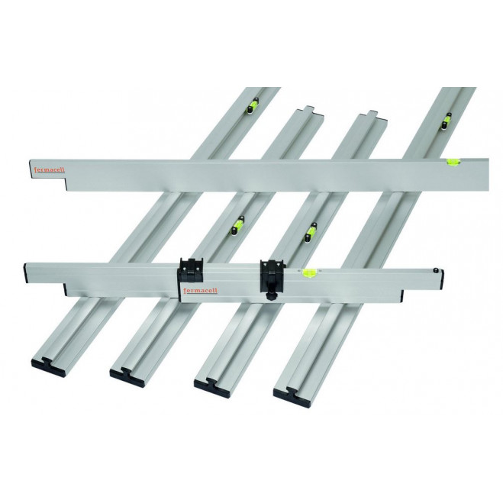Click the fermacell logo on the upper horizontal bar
[50, 169]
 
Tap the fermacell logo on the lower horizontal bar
[201, 291]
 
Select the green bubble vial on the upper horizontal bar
[453, 161]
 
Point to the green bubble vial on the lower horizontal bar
[309, 272]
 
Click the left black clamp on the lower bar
[191, 267]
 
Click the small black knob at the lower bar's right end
[436, 270]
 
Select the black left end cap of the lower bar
[25, 272]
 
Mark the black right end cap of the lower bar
[443, 279]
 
